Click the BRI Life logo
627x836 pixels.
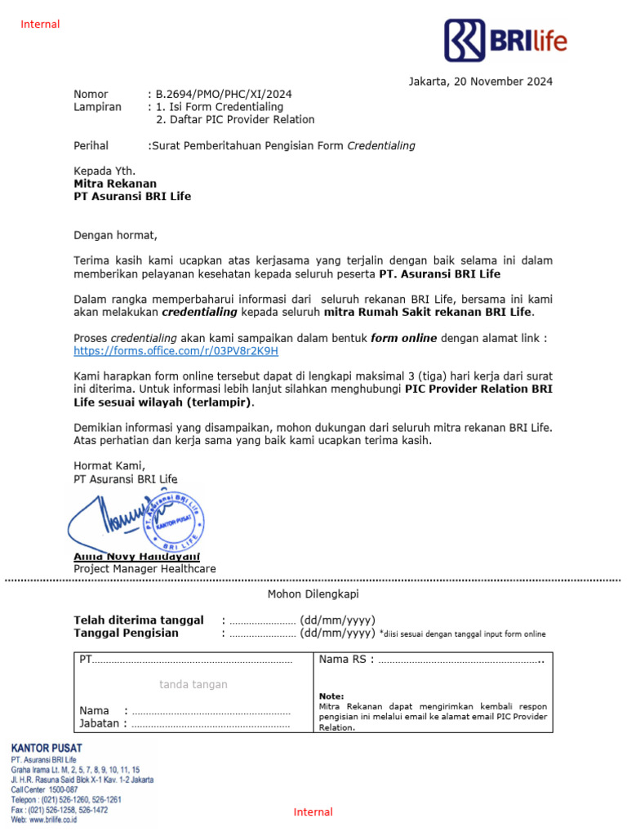[505, 40]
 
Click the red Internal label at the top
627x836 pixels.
[40, 24]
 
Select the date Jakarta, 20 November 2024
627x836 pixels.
[480, 82]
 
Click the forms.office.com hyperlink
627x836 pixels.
[176, 351]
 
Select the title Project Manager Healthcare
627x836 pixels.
[145, 569]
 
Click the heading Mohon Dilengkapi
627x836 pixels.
[313, 594]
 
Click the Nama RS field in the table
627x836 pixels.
[461, 660]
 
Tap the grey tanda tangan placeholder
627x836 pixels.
[193, 684]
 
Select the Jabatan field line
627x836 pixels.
[210, 723]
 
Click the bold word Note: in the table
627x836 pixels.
[331, 696]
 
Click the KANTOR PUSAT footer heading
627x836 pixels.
[47, 747]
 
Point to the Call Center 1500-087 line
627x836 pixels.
[45, 789]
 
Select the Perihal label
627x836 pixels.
[91, 146]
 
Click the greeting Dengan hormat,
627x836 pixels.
[114, 235]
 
